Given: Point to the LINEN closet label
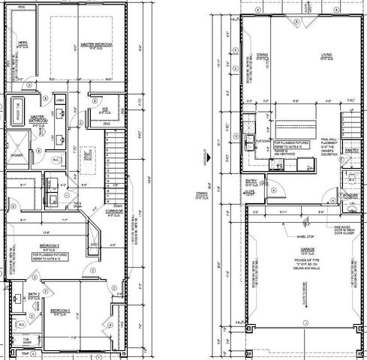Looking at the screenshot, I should [61, 100].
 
